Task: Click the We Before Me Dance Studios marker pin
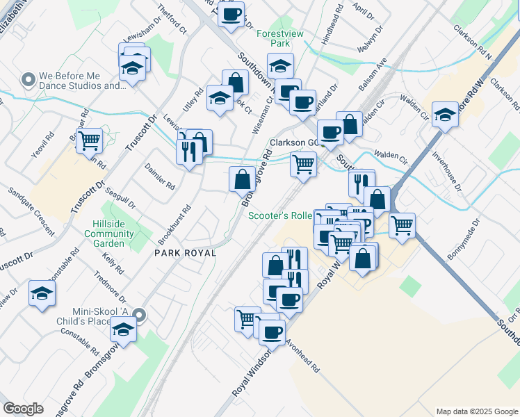pos(29,80)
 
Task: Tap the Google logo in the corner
pos(23,409)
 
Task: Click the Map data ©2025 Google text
pos(476,411)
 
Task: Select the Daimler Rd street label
pos(160,177)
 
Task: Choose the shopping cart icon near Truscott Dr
pos(89,140)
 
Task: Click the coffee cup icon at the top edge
pos(231,13)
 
